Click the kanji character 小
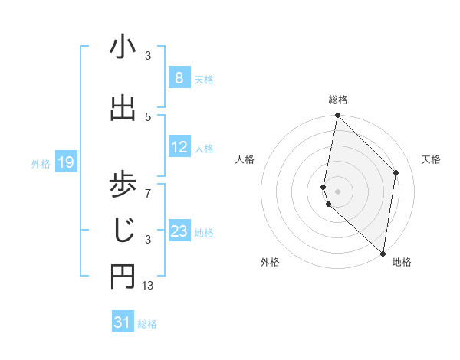(123, 48)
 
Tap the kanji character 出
(123, 109)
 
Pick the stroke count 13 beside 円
(148, 286)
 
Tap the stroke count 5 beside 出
(148, 116)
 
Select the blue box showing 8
(179, 78)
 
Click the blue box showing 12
(179, 147)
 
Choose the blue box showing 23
(179, 231)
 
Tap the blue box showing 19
(65, 162)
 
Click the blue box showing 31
(122, 322)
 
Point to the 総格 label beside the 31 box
(147, 324)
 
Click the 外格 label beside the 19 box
(40, 163)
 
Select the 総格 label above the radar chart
(338, 100)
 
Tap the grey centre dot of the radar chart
(338, 191)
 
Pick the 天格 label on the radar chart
(431, 159)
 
